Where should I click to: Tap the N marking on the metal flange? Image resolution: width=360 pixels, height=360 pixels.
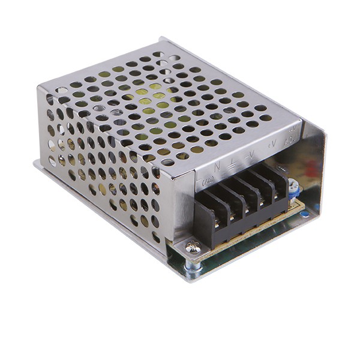point(217,164)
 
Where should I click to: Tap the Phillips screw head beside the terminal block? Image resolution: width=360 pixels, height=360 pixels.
point(191,247)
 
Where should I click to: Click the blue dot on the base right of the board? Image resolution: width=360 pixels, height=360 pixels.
point(305,212)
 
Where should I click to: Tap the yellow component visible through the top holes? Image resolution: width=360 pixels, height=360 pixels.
point(144,93)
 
